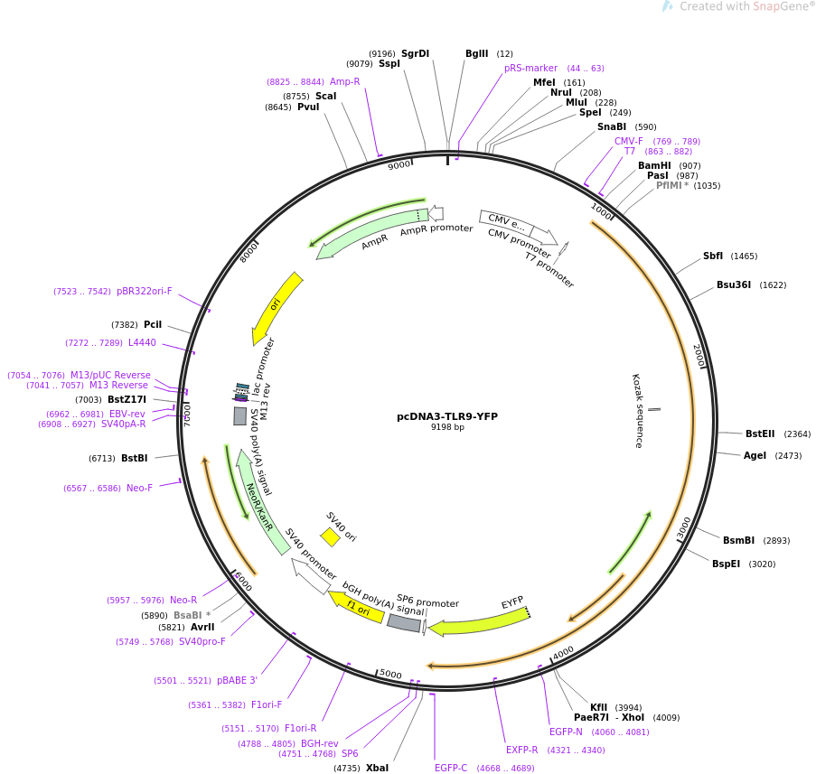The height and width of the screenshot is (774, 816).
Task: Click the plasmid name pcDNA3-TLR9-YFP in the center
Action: (x=447, y=416)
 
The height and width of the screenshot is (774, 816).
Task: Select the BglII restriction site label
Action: (x=477, y=53)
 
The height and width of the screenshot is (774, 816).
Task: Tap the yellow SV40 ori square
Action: (x=330, y=536)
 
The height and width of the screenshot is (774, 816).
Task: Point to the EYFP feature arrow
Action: (x=480, y=622)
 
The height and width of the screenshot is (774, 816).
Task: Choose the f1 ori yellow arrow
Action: (x=357, y=608)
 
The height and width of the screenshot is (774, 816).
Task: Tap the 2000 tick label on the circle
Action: (x=699, y=355)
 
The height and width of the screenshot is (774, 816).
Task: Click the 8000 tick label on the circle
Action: (x=249, y=252)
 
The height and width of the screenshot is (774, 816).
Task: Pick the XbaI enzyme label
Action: (x=378, y=768)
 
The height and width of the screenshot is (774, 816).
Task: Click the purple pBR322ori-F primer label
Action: (x=145, y=292)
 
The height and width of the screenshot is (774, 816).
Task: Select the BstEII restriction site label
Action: (x=760, y=434)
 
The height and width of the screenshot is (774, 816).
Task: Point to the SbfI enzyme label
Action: (x=713, y=256)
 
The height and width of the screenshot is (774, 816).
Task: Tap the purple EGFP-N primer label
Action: (x=566, y=732)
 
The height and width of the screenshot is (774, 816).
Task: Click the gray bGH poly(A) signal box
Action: (x=404, y=622)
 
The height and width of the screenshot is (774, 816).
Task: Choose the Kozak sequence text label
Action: (x=638, y=410)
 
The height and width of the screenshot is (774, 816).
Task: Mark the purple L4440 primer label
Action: (x=142, y=342)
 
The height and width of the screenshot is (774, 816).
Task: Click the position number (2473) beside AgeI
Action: (x=788, y=456)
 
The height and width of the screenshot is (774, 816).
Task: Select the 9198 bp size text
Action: (x=447, y=427)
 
